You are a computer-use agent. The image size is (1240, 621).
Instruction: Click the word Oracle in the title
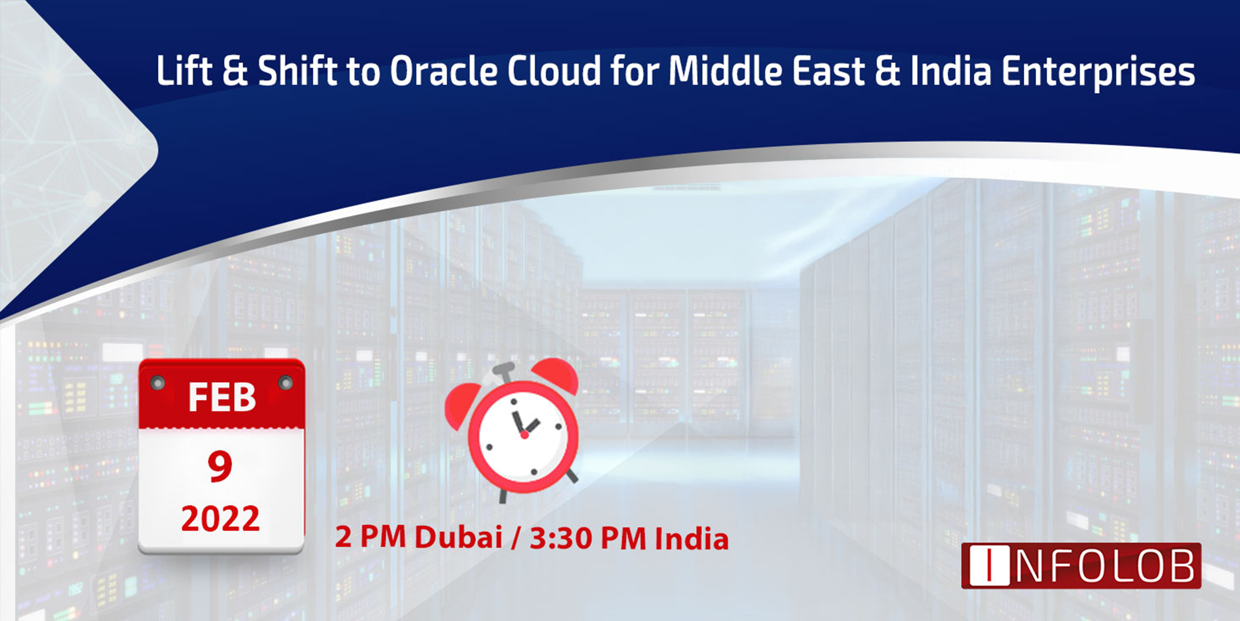point(444,71)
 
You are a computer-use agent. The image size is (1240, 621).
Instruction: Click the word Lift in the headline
point(184,71)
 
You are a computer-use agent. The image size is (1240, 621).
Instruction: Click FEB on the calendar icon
point(222,397)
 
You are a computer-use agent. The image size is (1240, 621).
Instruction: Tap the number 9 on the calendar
point(220,466)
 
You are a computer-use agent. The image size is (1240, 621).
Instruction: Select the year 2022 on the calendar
point(220,519)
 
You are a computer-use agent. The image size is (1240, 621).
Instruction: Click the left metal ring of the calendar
point(157,383)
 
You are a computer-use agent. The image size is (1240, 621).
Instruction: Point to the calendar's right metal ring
point(285,383)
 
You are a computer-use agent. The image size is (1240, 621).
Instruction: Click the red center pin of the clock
point(524,435)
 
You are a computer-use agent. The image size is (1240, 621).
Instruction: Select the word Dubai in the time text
point(458,538)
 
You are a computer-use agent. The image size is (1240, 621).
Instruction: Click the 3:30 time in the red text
point(561,539)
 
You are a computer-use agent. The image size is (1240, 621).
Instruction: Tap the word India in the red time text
point(692,539)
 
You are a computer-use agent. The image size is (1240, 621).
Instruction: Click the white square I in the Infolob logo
point(989,565)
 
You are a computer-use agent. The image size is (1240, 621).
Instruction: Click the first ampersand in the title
point(235,71)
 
